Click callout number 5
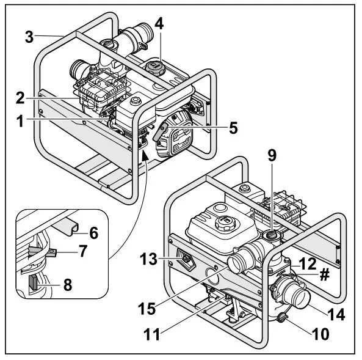pyautogui.click(x=233, y=129)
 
